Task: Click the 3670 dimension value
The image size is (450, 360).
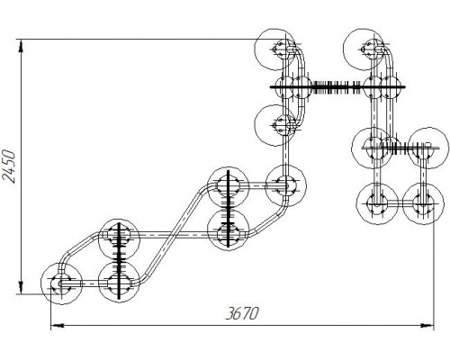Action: (x=242, y=314)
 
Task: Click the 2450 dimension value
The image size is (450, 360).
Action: (x=8, y=166)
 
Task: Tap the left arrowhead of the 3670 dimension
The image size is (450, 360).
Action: (x=57, y=325)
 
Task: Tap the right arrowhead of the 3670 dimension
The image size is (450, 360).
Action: (x=427, y=325)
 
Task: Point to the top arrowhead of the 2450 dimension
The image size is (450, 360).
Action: (x=21, y=47)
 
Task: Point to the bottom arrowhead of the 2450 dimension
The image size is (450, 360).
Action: (x=21, y=287)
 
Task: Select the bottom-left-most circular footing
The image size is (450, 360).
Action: (x=61, y=283)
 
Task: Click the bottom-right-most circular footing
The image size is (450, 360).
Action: (x=423, y=204)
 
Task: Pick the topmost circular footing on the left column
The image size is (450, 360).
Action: (x=275, y=49)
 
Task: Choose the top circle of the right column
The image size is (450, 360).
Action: (x=364, y=49)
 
